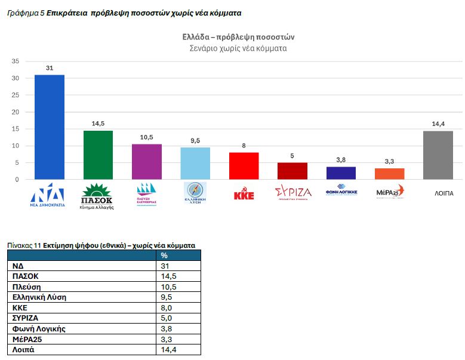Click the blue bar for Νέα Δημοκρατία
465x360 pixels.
[50, 127]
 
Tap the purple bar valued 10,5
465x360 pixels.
[147, 161]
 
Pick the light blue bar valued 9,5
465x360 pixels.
[195, 163]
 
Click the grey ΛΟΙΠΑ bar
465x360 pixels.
[438, 155]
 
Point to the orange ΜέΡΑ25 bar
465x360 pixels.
[389, 174]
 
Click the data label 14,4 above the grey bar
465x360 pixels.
[438, 124]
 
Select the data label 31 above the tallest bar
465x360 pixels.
[50, 68]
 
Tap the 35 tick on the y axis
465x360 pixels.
[16, 61]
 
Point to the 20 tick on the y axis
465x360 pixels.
[16, 112]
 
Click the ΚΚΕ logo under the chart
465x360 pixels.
[244, 194]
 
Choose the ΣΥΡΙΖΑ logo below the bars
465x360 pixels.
[292, 193]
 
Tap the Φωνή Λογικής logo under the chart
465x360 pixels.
[341, 192]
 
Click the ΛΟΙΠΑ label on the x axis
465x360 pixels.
[438, 193]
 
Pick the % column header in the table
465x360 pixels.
[164, 256]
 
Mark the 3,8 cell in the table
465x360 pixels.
[167, 328]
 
